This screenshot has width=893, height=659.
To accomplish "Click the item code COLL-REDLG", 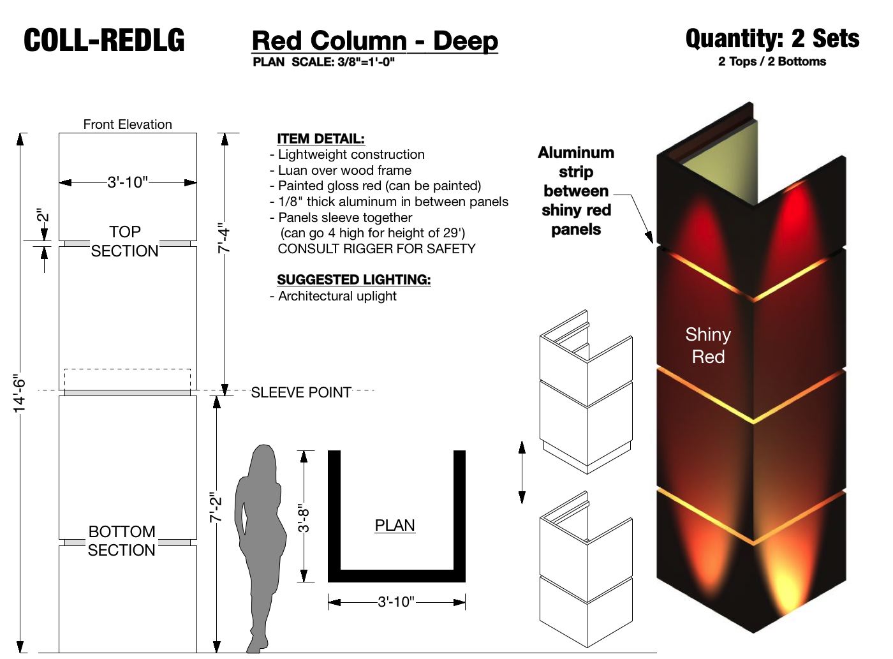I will (x=104, y=41).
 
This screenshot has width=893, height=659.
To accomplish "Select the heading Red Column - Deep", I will (x=374, y=41).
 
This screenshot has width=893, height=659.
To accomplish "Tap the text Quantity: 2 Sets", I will (x=772, y=39).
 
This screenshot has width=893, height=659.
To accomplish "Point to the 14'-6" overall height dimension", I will (x=20, y=393).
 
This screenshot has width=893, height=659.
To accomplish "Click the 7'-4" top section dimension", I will (x=224, y=239).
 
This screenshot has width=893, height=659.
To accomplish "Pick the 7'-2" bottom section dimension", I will (x=216, y=508).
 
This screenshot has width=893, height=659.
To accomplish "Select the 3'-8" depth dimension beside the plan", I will (x=304, y=517).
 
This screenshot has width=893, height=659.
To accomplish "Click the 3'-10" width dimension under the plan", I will (x=396, y=602).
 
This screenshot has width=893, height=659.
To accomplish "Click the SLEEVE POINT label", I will (x=301, y=392).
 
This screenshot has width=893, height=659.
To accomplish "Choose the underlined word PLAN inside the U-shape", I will (x=395, y=525).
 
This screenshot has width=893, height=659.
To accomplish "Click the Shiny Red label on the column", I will (x=708, y=345).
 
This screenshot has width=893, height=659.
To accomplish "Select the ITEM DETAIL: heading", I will (x=321, y=138).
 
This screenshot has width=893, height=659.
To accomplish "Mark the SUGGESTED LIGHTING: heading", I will (x=353, y=279).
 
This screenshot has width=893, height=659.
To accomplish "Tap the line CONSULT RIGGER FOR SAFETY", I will (x=376, y=249).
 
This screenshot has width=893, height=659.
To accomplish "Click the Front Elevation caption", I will (x=128, y=124).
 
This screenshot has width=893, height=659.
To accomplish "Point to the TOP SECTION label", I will (x=124, y=241).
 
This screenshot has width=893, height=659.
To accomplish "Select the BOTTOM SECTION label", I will (x=121, y=540).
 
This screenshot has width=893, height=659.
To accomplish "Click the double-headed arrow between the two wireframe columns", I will (x=522, y=472).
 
